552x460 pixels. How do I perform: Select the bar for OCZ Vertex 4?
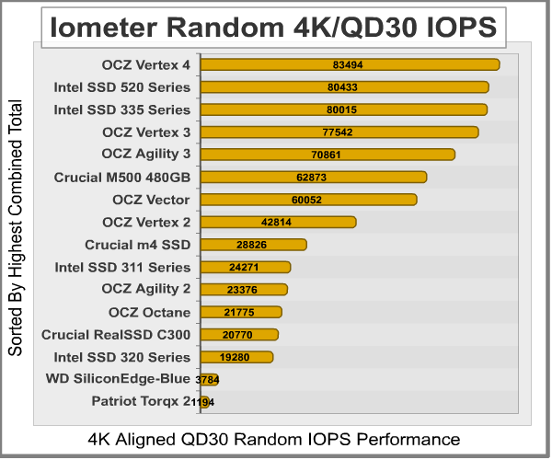point(350,64)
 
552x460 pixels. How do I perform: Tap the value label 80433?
point(344,87)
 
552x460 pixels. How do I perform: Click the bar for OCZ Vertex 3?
point(339,132)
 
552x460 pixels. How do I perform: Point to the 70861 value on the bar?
point(327,155)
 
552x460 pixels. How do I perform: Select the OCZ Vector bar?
point(308,200)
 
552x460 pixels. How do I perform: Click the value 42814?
point(278,222)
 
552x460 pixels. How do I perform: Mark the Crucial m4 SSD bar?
point(253,245)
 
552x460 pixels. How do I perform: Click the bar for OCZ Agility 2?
point(244,290)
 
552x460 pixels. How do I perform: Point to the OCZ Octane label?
point(149,312)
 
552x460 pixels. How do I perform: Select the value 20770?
point(238,335)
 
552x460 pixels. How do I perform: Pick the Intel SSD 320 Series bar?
point(236,357)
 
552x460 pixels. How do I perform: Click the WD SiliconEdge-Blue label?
point(119,378)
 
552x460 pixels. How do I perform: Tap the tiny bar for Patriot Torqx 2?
point(204,401)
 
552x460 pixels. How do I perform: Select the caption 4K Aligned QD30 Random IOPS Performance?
point(274,438)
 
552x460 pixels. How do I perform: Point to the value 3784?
point(207,379)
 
